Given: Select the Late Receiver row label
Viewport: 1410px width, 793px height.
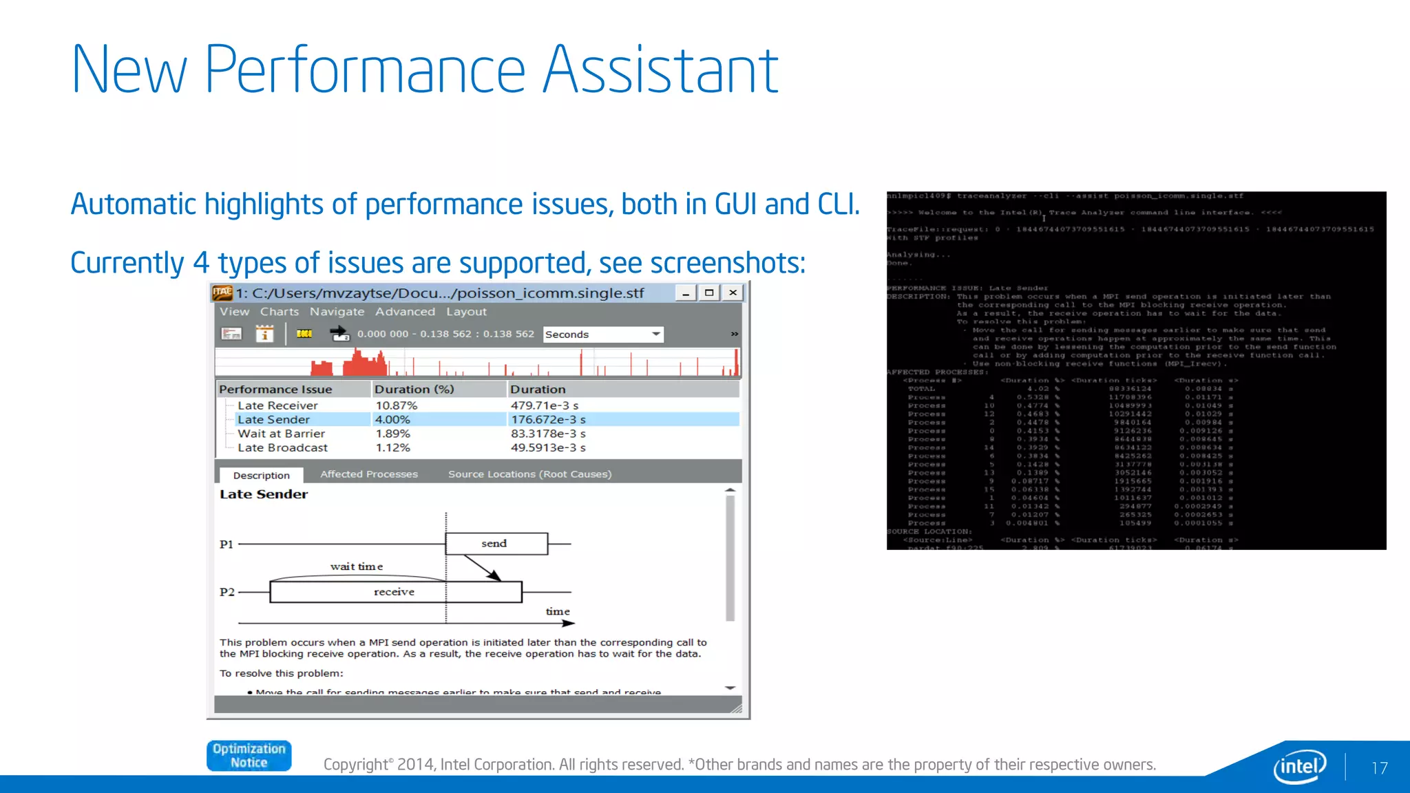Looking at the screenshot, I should [277, 405].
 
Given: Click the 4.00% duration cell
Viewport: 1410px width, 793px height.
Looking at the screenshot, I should [392, 419].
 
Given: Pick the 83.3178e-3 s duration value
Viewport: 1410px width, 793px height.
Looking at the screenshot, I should [548, 434].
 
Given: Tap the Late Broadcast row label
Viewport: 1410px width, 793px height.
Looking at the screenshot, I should [282, 447].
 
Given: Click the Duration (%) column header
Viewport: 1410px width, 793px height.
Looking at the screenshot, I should [414, 389].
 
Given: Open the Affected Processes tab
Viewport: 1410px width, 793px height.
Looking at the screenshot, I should [369, 474].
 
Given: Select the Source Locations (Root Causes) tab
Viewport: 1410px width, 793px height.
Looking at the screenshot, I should [529, 474].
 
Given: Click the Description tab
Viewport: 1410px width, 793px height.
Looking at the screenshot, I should [261, 475].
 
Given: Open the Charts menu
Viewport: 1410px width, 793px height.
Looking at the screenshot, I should [280, 312].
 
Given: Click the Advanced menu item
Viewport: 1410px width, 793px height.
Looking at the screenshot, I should [405, 312].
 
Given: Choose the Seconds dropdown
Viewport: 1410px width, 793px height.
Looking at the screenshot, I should [602, 335].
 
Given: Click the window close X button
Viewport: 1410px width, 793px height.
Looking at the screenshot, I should [733, 293].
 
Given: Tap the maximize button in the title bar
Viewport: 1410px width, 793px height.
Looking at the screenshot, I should [708, 293].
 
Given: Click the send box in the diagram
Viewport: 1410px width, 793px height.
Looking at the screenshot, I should [496, 544].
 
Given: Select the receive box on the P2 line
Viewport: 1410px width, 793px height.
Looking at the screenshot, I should [394, 592].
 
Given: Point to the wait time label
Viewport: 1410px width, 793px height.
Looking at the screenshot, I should [356, 567].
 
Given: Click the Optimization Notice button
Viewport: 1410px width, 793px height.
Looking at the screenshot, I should [249, 756].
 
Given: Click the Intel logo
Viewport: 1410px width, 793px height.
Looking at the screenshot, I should [1300, 766].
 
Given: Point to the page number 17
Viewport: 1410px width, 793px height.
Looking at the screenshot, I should [1379, 768].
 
